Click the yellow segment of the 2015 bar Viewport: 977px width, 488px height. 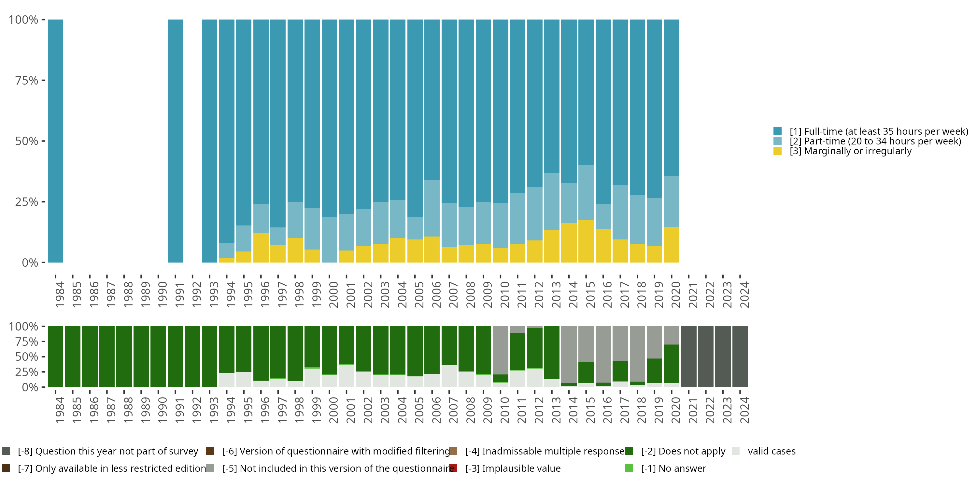coord(586,241)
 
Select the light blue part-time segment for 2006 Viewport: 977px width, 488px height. coord(432,208)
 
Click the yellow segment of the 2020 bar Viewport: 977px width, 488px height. coord(672,245)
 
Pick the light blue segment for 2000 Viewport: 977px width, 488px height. coord(329,239)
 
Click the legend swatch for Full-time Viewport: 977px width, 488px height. coord(777,131)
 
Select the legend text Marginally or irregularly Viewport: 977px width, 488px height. coord(850,151)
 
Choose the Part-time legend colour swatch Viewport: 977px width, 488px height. coord(777,141)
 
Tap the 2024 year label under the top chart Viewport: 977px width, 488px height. coord(744,295)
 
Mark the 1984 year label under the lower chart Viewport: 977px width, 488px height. coord(60,410)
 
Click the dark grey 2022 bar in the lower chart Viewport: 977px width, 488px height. coord(706,357)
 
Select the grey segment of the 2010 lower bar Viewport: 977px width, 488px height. coord(500,350)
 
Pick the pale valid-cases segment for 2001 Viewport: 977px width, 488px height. coord(346,376)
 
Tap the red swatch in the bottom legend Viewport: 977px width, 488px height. coord(453,468)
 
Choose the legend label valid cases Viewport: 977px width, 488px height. coord(772,451)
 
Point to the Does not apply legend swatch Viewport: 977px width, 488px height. coord(629,451)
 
